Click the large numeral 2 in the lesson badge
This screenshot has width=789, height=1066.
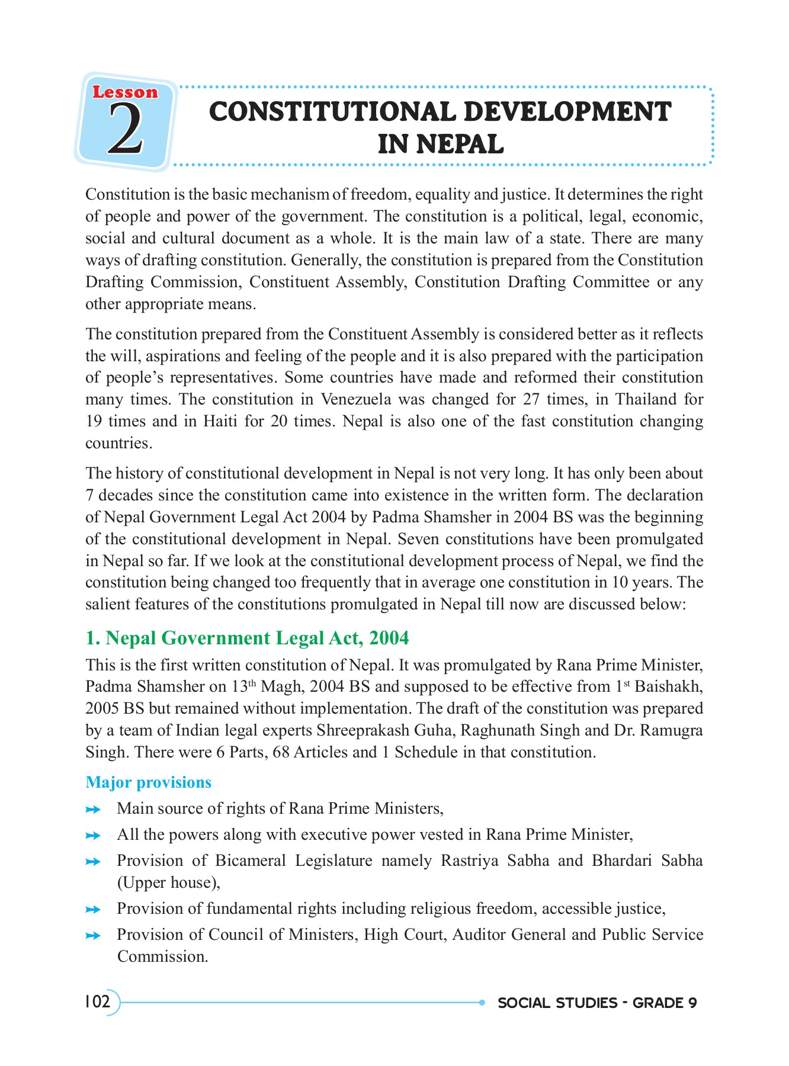point(126,130)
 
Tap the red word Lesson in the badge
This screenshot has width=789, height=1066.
point(125,92)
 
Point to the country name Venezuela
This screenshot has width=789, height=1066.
point(356,400)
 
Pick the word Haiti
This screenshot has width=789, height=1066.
point(220,422)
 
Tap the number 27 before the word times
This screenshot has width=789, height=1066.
point(531,400)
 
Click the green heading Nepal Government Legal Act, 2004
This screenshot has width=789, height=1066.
point(247,638)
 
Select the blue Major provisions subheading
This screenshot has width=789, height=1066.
point(148,782)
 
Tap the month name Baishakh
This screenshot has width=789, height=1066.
point(668,687)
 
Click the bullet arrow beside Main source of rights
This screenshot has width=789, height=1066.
point(93,810)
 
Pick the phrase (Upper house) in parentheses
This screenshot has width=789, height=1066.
point(168,883)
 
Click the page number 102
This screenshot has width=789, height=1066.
point(98,1002)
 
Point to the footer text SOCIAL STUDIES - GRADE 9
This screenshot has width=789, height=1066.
point(597,1003)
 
